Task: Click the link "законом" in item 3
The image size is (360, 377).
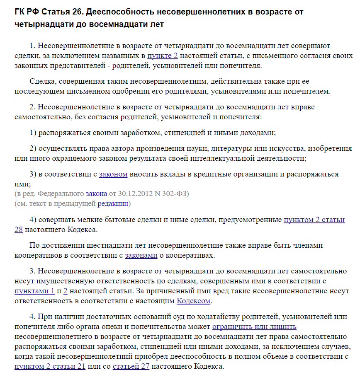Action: point(113,174)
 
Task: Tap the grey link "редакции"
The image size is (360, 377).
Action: point(113,203)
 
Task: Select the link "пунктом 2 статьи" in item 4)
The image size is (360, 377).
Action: point(314,220)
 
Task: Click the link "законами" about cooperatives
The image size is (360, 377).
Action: point(141,255)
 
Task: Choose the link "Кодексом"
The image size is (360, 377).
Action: point(194,301)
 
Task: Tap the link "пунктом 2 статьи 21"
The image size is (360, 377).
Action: point(50,366)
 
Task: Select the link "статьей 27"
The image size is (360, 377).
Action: point(131,366)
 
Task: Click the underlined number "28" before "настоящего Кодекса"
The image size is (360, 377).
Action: point(18,230)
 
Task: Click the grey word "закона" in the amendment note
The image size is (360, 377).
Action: point(96,193)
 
